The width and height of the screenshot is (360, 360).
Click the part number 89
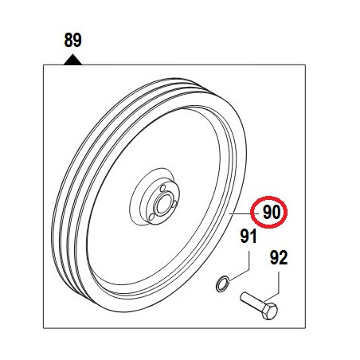[x=72, y=40]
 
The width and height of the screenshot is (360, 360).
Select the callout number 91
[x=248, y=237]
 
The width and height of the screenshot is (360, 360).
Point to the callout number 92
[x=279, y=257]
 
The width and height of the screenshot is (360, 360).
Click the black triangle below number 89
[x=72, y=60]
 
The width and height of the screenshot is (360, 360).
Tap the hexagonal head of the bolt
[x=269, y=311]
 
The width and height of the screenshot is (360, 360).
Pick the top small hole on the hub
[x=163, y=188]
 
